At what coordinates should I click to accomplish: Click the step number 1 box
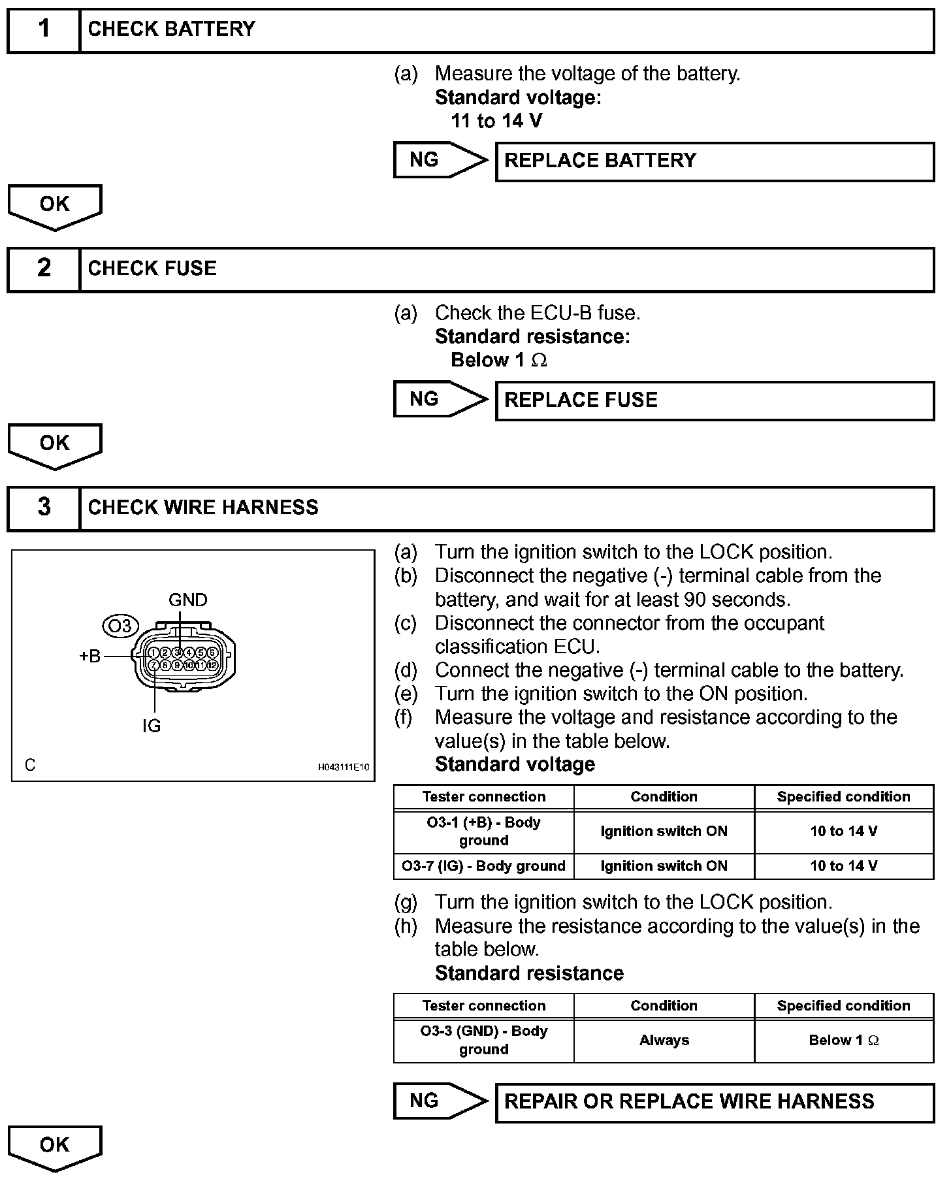coord(43,29)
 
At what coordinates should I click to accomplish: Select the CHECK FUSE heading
coord(152,268)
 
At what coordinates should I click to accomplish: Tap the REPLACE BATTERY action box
coord(715,161)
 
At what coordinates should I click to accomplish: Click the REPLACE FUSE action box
coord(715,400)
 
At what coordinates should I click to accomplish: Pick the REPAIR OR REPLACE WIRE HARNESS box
coord(715,1102)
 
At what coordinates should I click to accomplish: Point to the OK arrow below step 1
coord(55,206)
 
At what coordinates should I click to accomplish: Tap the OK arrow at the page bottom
coord(55,1147)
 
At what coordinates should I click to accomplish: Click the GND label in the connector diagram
coord(187,600)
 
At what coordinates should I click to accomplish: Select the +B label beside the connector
coord(90,656)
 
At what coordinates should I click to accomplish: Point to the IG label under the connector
coord(152,726)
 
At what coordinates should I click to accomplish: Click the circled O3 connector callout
coord(120,626)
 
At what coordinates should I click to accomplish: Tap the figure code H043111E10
coord(344,767)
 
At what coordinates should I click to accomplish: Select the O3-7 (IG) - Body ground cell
coord(483,866)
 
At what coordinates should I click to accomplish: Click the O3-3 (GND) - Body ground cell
coord(483,1040)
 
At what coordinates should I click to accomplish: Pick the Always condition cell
coord(664,1040)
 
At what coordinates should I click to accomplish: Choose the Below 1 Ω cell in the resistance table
coord(843,1040)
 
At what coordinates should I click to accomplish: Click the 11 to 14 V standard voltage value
coord(496,121)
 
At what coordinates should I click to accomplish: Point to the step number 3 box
coord(43,508)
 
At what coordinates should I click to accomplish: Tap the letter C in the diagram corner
coord(30,765)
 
